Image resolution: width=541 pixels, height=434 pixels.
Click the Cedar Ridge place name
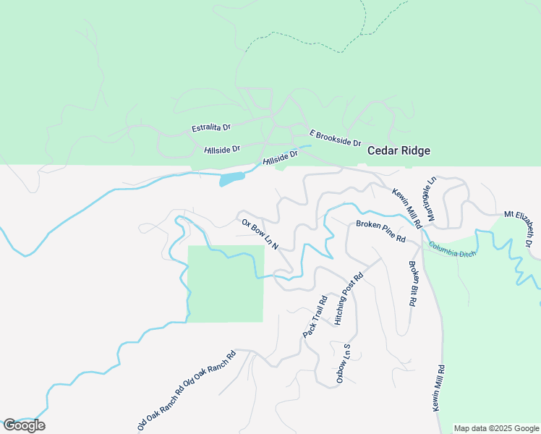pyautogui.click(x=399, y=151)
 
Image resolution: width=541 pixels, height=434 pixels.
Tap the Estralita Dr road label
pyautogui.click(x=210, y=128)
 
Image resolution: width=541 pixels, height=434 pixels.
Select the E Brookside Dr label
pyautogui.click(x=335, y=138)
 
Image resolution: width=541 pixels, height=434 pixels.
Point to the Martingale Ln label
pyautogui.click(x=431, y=198)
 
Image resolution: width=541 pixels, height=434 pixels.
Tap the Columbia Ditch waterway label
pyautogui.click(x=452, y=249)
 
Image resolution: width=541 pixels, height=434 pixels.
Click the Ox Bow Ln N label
pyautogui.click(x=260, y=234)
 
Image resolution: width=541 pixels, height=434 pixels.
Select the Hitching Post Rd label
pyautogui.click(x=348, y=299)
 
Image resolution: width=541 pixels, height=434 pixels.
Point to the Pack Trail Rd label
pyautogui.click(x=315, y=315)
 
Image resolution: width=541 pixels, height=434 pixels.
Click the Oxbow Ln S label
pyautogui.click(x=343, y=362)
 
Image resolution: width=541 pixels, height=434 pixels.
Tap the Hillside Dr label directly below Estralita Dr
pyautogui.click(x=221, y=149)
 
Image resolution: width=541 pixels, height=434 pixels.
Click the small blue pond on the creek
pyautogui.click(x=231, y=179)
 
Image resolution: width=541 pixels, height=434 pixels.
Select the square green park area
pyautogui.click(x=226, y=284)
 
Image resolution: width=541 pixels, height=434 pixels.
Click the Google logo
pyautogui.click(x=24, y=425)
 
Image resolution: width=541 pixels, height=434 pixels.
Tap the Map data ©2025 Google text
pyautogui.click(x=497, y=428)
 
